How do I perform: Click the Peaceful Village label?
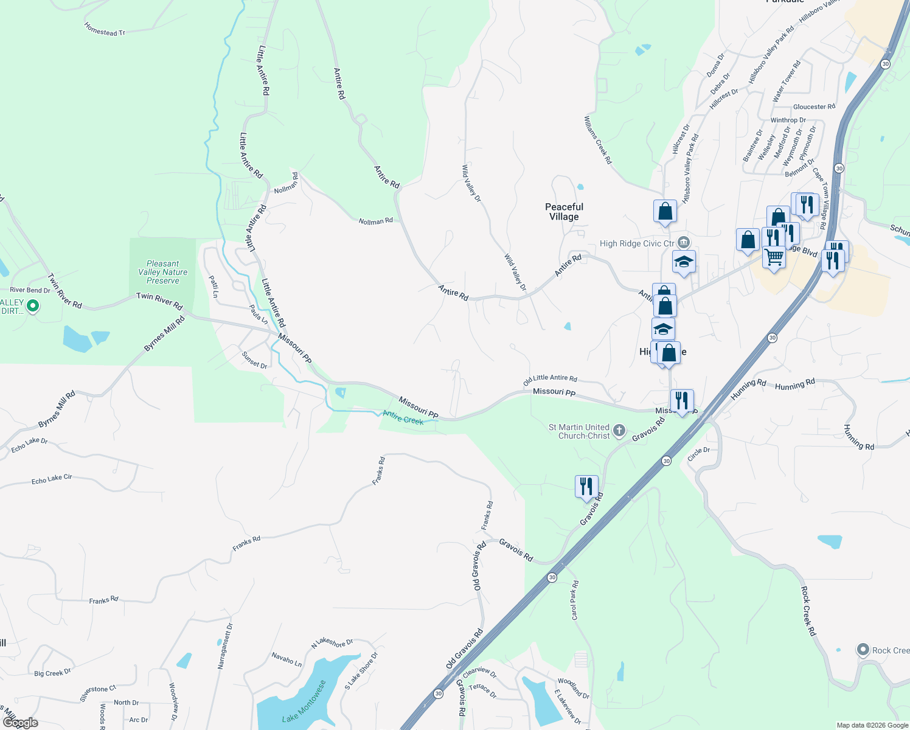tap(564, 212)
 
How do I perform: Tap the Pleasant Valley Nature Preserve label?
tap(163, 272)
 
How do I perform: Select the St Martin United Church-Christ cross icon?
tap(619, 431)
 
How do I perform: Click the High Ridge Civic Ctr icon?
tap(684, 243)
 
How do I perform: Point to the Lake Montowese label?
tap(305, 701)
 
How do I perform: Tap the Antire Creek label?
tap(403, 418)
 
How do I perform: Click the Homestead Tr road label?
tap(105, 29)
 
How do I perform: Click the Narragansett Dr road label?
tap(225, 646)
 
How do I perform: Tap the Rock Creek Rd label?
tap(808, 611)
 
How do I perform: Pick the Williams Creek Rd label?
tap(598, 141)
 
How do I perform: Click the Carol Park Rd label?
tap(575, 600)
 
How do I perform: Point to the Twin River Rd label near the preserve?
tap(159, 300)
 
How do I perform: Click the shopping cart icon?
tap(774, 257)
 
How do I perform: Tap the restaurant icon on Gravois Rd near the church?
tap(586, 487)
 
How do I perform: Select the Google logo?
tap(21, 723)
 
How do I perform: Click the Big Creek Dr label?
tap(52, 673)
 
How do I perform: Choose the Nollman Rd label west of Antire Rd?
tap(375, 221)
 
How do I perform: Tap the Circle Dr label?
tap(698, 454)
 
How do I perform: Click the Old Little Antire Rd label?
tap(550, 380)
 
